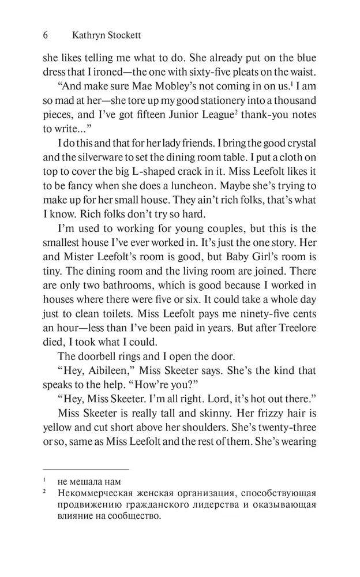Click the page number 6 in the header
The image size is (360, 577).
coord(46,35)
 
